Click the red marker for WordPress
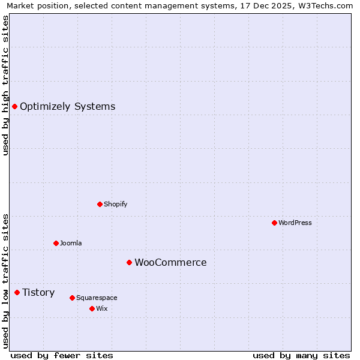(274, 223)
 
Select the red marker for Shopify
(100, 204)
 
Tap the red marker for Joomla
(56, 243)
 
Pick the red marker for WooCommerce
(129, 262)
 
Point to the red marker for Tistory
(17, 292)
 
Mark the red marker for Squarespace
(72, 298)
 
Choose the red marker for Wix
(92, 308)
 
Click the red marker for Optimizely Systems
(14, 106)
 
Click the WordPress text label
(295, 223)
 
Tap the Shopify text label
(115, 204)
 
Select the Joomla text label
(71, 243)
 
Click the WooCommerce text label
(170, 262)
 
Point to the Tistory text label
(38, 292)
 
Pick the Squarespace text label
(97, 298)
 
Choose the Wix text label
(101, 308)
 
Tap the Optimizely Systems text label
(67, 106)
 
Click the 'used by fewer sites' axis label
(62, 355)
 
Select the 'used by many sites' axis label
(301, 355)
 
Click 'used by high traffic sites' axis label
(5, 85)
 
